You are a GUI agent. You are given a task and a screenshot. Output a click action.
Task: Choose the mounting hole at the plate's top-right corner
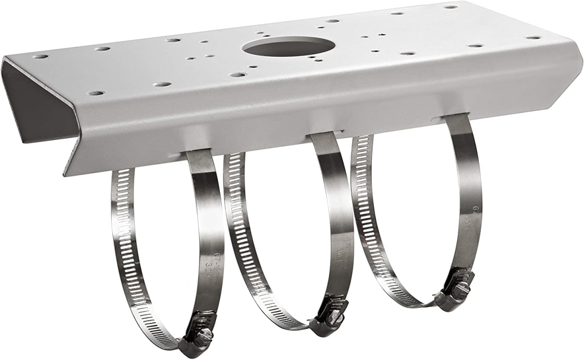pos(451,7)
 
